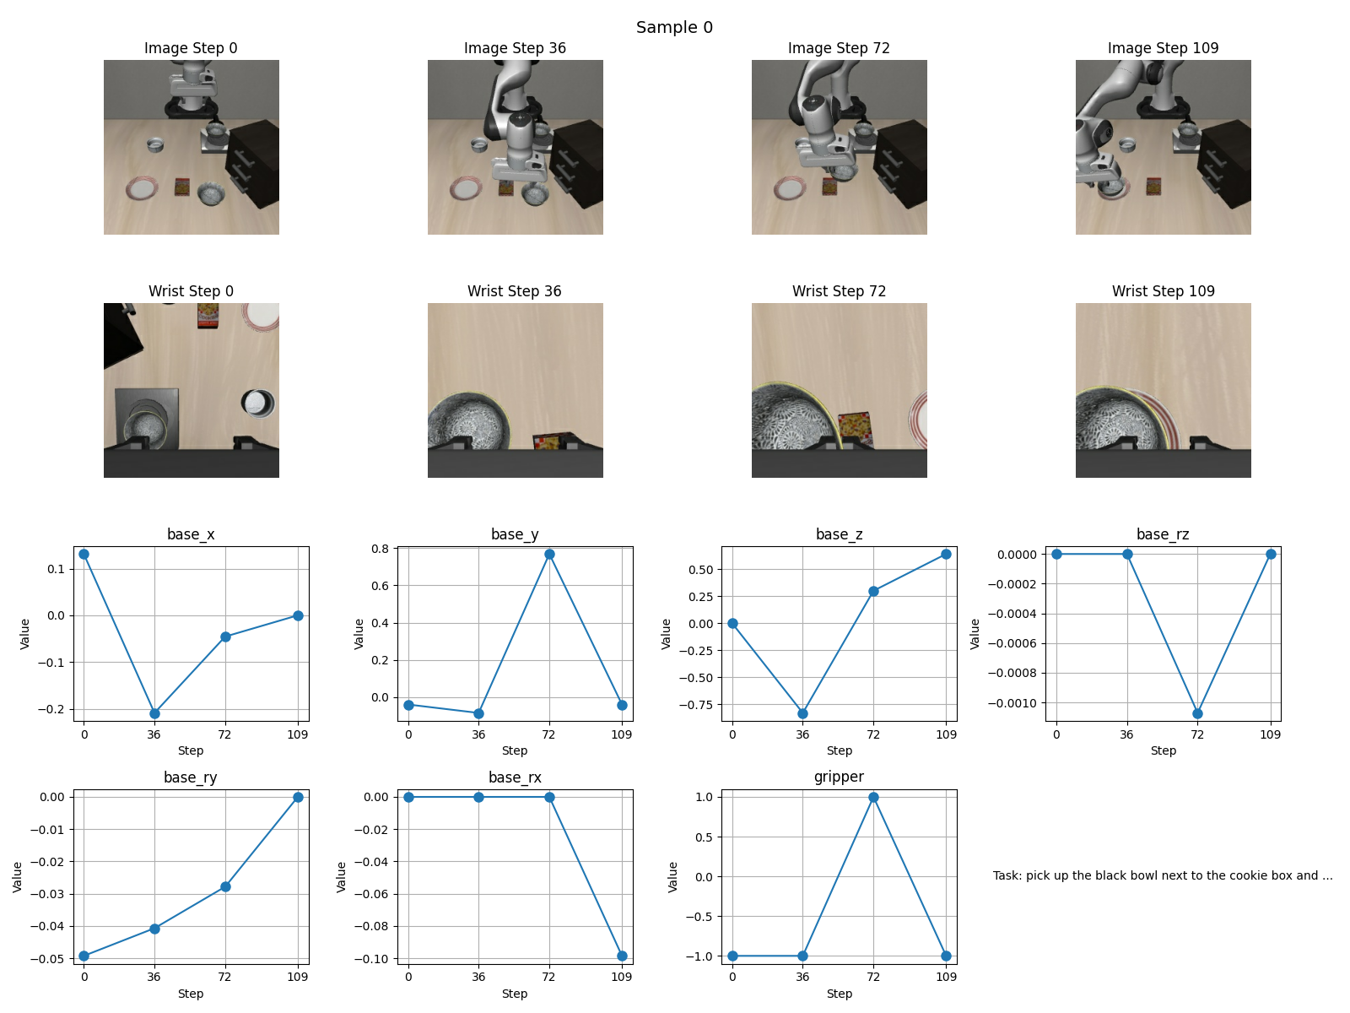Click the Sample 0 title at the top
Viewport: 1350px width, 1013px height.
[x=674, y=27]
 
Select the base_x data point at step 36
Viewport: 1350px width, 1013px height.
[x=154, y=713]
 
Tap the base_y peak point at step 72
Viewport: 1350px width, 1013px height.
[x=549, y=554]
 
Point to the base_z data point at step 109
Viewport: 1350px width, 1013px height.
[x=946, y=554]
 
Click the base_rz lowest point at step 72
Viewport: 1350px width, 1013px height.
[x=1197, y=713]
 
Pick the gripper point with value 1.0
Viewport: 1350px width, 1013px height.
[x=873, y=797]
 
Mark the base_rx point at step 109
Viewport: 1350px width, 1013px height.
[x=622, y=956]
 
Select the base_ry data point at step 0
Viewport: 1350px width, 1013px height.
[x=84, y=956]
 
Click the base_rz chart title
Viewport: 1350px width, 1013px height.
[x=1163, y=534]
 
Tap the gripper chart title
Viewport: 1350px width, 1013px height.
[x=839, y=777]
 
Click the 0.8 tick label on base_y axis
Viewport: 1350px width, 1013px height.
[x=381, y=549]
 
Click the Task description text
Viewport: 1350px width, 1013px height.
[x=1163, y=875]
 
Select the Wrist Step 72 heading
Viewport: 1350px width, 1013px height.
[x=839, y=291]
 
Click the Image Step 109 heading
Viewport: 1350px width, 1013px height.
[x=1163, y=48]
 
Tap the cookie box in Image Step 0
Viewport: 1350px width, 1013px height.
[x=182, y=187]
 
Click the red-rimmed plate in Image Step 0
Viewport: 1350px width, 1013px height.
[x=142, y=188]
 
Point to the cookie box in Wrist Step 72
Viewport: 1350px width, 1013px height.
[x=856, y=428]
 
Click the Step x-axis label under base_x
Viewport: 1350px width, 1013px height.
[x=191, y=750]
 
